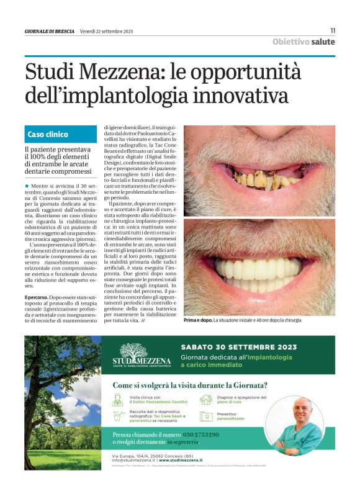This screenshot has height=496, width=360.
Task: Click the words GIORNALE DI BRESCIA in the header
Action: (x=50, y=31)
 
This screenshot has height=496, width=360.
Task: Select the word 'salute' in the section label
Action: (x=323, y=42)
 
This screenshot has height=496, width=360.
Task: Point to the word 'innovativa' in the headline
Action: (x=240, y=96)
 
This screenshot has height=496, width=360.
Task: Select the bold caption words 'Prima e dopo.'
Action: (x=198, y=320)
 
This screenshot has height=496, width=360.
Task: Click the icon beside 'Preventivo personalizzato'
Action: (x=206, y=417)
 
